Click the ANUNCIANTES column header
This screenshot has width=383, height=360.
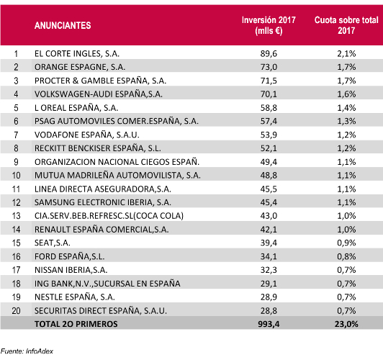(x=63, y=25)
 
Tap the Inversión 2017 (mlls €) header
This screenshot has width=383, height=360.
(x=269, y=25)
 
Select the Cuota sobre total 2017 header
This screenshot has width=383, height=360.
(x=346, y=25)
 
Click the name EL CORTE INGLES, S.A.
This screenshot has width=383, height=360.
(x=77, y=54)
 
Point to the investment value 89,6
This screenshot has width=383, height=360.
(x=269, y=54)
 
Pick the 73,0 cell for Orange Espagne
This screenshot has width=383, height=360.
(x=269, y=67)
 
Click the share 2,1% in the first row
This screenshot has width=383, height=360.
(x=346, y=54)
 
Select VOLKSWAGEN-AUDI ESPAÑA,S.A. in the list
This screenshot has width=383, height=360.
(x=99, y=94)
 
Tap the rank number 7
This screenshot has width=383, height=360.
(x=16, y=135)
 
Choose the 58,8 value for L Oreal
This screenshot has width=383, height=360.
(x=269, y=108)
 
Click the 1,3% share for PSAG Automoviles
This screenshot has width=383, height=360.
(x=346, y=121)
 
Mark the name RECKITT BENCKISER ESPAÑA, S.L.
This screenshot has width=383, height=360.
(x=98, y=148)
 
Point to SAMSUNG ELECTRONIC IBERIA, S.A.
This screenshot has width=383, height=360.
(x=103, y=202)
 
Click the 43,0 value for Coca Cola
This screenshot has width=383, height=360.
(x=269, y=216)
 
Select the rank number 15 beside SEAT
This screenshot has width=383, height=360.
(x=16, y=243)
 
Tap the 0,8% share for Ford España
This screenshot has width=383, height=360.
(x=346, y=256)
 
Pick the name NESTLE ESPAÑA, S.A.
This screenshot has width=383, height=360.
(x=75, y=297)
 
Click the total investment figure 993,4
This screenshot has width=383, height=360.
(x=269, y=324)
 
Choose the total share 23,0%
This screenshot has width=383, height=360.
(x=346, y=324)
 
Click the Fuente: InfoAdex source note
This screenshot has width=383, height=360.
(x=27, y=351)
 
